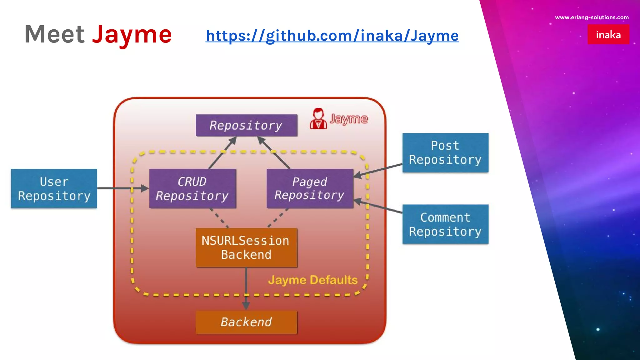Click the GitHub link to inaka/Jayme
point(332,36)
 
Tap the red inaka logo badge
point(608,34)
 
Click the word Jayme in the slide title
point(132,34)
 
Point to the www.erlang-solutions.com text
point(592,17)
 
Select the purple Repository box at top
point(246,125)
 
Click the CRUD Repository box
point(192,188)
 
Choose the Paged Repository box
point(309,188)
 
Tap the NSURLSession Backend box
point(246,247)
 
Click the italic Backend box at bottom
point(246,322)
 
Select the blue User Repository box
point(54,188)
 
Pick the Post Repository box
point(445,152)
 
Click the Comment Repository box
point(445,224)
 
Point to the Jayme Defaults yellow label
point(312,280)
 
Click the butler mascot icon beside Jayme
point(318,118)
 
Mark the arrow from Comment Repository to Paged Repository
point(378,207)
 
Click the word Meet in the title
point(55,34)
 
